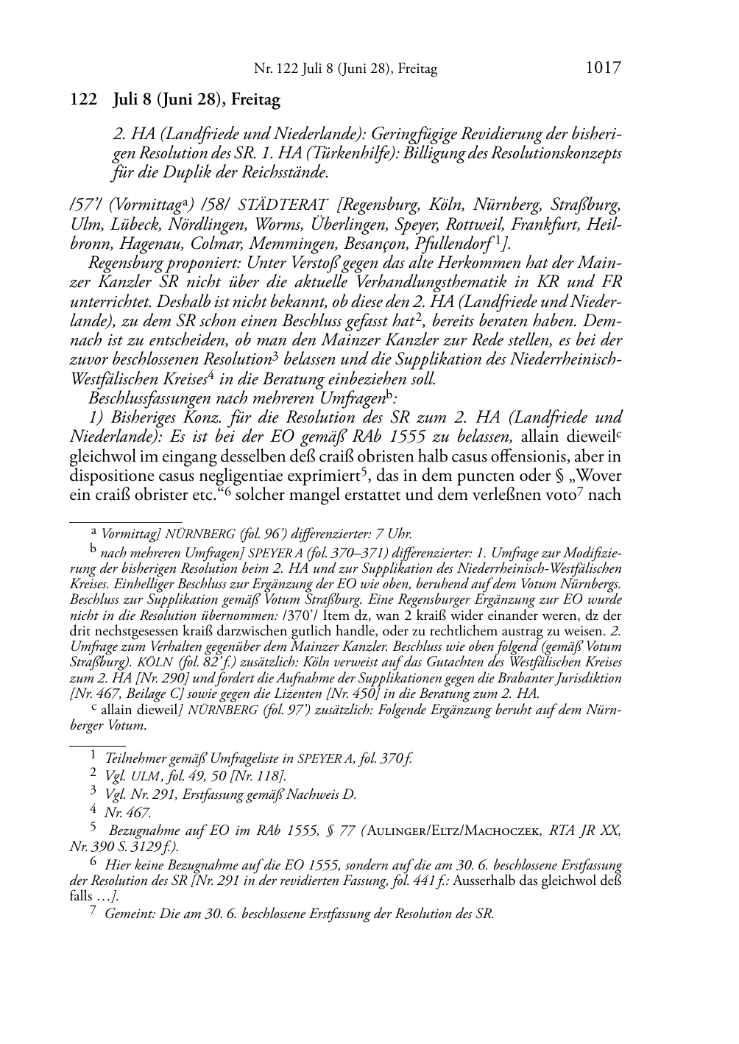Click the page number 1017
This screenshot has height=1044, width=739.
pyautogui.click(x=604, y=68)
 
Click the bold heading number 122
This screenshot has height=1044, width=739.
pyautogui.click(x=83, y=99)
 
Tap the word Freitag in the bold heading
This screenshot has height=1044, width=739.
pyautogui.click(x=256, y=99)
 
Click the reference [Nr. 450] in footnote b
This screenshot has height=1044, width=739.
pyautogui.click(x=353, y=693)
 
